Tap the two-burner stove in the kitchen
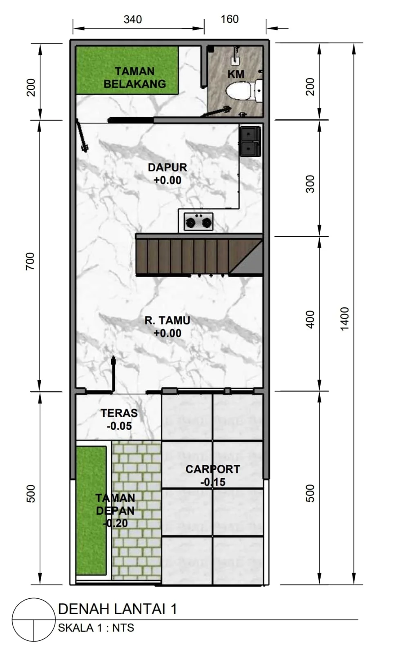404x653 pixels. tap(199, 222)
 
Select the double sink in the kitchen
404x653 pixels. tap(250, 142)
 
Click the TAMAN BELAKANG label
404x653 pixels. tap(135, 78)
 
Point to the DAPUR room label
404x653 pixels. tap(167, 167)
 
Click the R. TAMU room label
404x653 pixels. tap(167, 320)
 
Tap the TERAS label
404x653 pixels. tap(119, 413)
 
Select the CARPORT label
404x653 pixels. tap(213, 469)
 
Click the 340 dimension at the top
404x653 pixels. tap(133, 20)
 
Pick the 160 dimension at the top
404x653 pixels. tap(230, 19)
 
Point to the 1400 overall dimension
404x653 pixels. tap(344, 319)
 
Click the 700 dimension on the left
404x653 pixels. tap(30, 261)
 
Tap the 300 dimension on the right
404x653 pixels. tap(310, 184)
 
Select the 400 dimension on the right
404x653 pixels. tap(310, 320)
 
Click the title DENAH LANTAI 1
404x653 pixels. tap(117, 609)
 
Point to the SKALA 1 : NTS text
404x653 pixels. tap(96, 628)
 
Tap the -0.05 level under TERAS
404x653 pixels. tap(119, 426)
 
